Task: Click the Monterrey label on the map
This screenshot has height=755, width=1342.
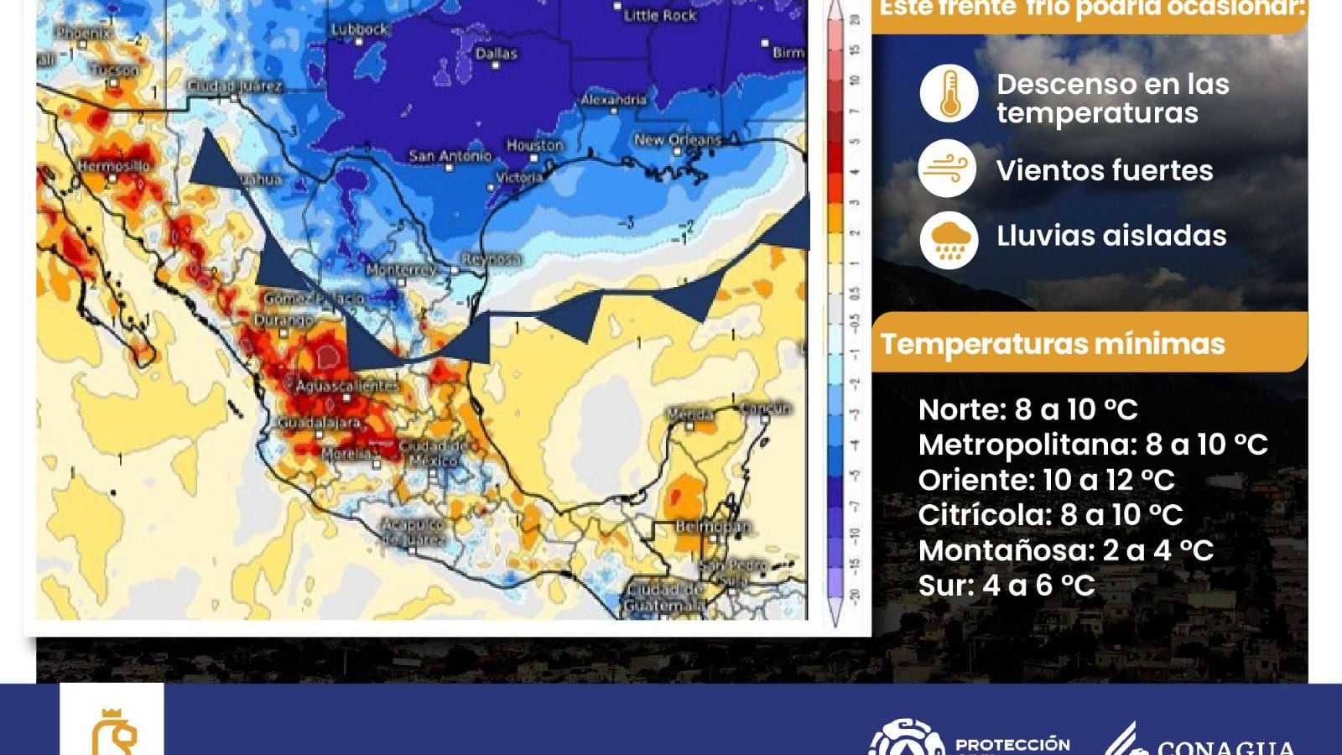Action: coord(401,270)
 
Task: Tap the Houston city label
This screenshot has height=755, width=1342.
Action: coord(534,145)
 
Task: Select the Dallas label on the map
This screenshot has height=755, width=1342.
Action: coord(496,54)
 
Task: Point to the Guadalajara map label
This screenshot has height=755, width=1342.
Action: coord(320,423)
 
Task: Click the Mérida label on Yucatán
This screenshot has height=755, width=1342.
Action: coord(690,414)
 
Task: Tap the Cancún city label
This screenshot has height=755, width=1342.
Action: coord(765,409)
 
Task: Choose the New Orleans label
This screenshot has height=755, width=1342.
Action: coord(677,140)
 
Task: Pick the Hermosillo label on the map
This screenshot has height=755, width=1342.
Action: coord(113,166)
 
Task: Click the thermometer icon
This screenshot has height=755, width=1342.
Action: coord(949,93)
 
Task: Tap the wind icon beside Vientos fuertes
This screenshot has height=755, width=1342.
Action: coord(948,169)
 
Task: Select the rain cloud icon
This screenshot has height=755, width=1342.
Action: coord(949,240)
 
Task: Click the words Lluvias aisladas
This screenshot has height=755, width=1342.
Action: coord(1111,236)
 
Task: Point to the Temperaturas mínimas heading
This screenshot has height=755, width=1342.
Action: coord(1052,344)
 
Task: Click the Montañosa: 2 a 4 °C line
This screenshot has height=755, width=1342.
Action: coord(1065,550)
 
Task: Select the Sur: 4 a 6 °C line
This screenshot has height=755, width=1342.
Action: coord(1006,586)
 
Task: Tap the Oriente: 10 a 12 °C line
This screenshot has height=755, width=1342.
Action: coord(1046,480)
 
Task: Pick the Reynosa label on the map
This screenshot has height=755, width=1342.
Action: coord(491,260)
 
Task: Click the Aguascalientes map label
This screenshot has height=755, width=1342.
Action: coord(345,386)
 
